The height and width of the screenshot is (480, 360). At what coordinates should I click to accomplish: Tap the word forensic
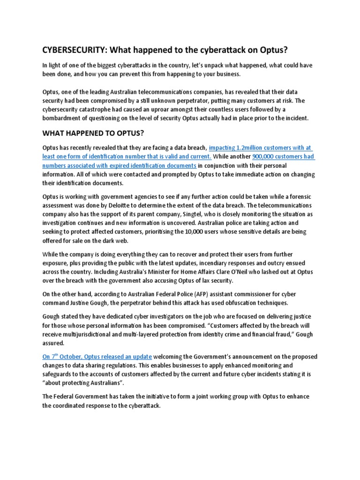(298, 196)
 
